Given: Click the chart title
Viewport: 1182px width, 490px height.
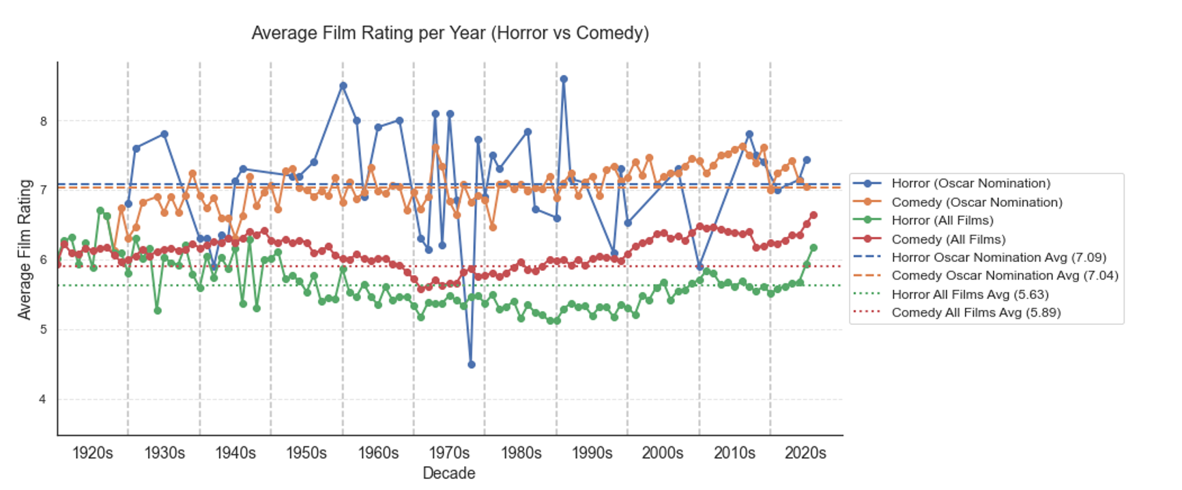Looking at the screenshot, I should (x=450, y=33).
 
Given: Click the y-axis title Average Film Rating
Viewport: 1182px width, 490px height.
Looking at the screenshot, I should (x=25, y=249).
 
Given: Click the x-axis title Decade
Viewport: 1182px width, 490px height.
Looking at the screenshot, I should (x=448, y=473).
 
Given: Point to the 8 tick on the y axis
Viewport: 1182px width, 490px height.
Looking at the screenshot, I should (x=44, y=121).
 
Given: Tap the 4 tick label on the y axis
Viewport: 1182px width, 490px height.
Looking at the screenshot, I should (x=44, y=399).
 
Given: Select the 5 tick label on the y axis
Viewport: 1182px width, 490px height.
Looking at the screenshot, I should (x=44, y=330).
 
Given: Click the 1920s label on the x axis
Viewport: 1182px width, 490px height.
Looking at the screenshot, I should (x=92, y=453).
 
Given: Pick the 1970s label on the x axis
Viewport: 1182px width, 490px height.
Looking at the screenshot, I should (x=448, y=453).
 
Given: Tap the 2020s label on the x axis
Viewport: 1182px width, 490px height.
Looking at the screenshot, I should (x=805, y=453).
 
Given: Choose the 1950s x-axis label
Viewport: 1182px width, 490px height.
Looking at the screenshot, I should (x=306, y=453).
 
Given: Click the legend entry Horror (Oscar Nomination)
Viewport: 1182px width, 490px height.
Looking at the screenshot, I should (x=970, y=183).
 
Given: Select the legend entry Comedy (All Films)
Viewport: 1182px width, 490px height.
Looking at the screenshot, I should (x=948, y=239).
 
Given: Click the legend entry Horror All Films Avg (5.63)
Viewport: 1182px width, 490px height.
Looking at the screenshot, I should (x=970, y=294).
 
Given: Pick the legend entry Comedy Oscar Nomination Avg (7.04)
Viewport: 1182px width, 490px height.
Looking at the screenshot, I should (x=1005, y=275).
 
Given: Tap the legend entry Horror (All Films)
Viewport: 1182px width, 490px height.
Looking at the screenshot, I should (x=942, y=220).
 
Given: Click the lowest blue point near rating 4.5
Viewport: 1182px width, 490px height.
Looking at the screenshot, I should (x=471, y=364).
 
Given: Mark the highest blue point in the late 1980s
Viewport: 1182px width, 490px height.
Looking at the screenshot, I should (x=564, y=79).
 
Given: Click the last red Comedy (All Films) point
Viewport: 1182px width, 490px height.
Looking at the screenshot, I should (x=813, y=215).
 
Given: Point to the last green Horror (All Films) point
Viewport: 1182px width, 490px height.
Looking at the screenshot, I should (x=813, y=248).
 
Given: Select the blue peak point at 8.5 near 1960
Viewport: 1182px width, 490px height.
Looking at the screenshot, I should (x=343, y=86).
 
